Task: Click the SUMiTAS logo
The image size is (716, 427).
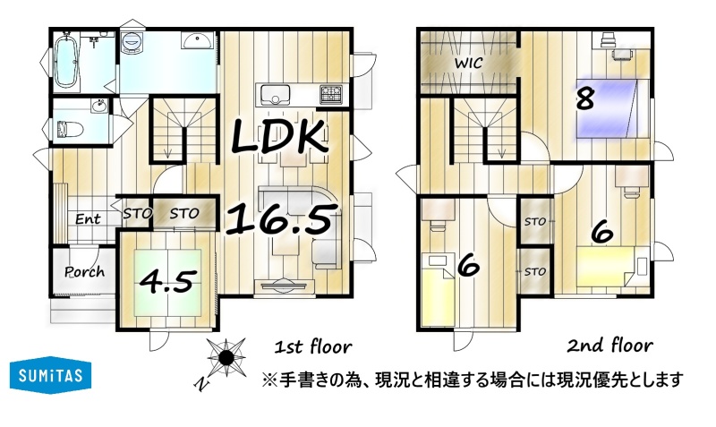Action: pos(50,375)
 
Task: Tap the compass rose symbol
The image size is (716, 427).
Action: pos(226,357)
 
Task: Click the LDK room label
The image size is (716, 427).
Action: pos(279,136)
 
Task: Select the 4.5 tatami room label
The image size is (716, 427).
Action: pos(168,281)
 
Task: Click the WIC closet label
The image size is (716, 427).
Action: pos(468,63)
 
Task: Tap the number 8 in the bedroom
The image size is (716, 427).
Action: pos(585,99)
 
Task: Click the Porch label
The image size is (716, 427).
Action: pos(84,272)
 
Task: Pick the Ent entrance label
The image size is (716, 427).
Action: pos(88,218)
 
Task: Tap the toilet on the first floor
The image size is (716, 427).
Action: pos(71,129)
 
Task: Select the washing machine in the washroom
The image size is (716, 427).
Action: pos(132,42)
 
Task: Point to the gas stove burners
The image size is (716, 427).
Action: pos(331,94)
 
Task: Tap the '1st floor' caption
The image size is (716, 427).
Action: pos(312,347)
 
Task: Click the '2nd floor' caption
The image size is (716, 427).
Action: pos(609,346)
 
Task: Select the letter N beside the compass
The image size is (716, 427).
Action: pos(200,385)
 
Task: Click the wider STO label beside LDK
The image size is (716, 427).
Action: pos(184,213)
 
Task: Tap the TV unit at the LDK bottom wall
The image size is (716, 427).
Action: pos(285,286)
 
